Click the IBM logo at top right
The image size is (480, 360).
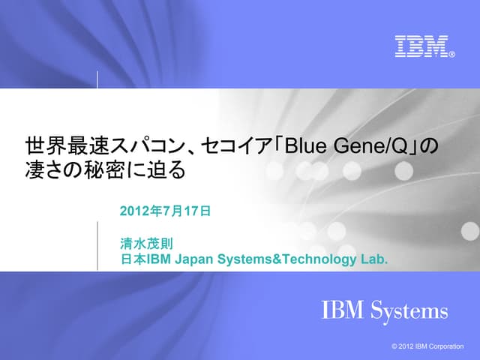pos(421,46)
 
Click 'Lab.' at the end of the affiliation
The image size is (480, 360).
pos(373,259)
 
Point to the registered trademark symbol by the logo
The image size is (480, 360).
pos(451,54)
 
